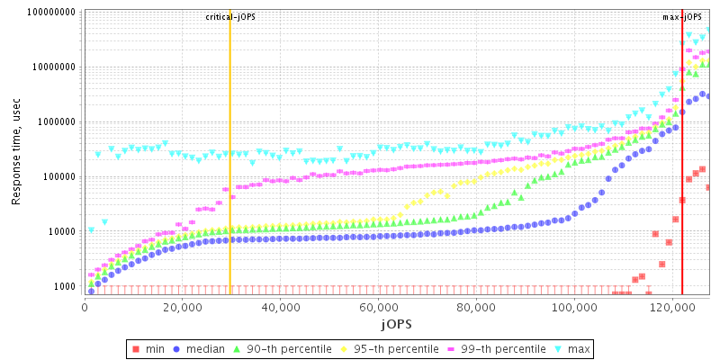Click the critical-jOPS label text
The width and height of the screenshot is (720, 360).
point(229,17)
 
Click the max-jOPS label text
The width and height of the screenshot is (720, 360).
point(681,17)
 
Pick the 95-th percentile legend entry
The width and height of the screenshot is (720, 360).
point(382,347)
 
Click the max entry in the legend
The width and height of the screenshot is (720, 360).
point(572,347)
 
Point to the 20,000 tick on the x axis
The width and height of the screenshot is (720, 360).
point(182,307)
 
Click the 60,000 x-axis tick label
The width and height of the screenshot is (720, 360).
point(379,307)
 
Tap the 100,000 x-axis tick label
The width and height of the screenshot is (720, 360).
point(575,307)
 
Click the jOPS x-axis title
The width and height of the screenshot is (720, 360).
point(396,323)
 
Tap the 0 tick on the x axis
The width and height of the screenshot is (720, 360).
point(84,307)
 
